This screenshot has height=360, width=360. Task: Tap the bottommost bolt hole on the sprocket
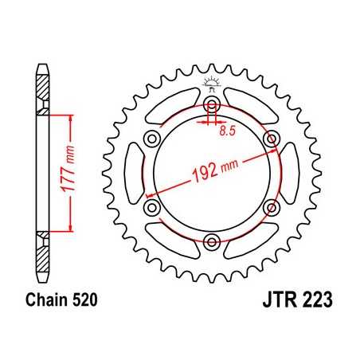coord(212,241)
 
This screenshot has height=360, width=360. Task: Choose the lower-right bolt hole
coord(271,207)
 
